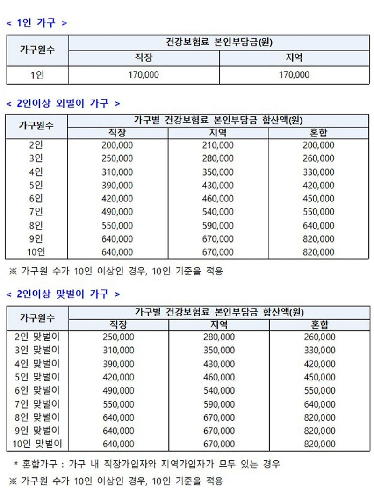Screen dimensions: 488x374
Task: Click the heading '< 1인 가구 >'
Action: click(x=36, y=22)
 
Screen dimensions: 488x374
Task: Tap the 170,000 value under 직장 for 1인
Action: click(x=144, y=74)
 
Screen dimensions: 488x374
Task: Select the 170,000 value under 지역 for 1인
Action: click(x=294, y=74)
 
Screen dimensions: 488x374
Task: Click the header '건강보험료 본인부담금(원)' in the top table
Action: click(x=219, y=42)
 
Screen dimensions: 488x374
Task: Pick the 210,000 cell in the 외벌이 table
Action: click(x=218, y=145)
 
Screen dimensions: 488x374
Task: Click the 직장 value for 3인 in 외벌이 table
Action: click(x=117, y=158)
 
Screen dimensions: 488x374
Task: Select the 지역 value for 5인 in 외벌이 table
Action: click(x=218, y=185)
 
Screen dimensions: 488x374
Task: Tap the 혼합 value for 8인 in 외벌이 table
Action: click(x=318, y=225)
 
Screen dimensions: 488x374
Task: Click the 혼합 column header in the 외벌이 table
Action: click(x=318, y=134)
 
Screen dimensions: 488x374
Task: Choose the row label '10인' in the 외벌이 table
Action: click(x=36, y=252)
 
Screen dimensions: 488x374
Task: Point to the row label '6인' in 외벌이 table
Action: click(x=36, y=199)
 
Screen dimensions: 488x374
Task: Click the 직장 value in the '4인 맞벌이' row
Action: click(x=118, y=363)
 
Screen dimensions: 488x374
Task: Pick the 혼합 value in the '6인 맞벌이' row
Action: click(x=319, y=390)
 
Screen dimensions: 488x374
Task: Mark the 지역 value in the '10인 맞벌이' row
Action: click(x=219, y=444)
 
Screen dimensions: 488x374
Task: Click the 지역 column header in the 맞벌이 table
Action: click(x=219, y=324)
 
